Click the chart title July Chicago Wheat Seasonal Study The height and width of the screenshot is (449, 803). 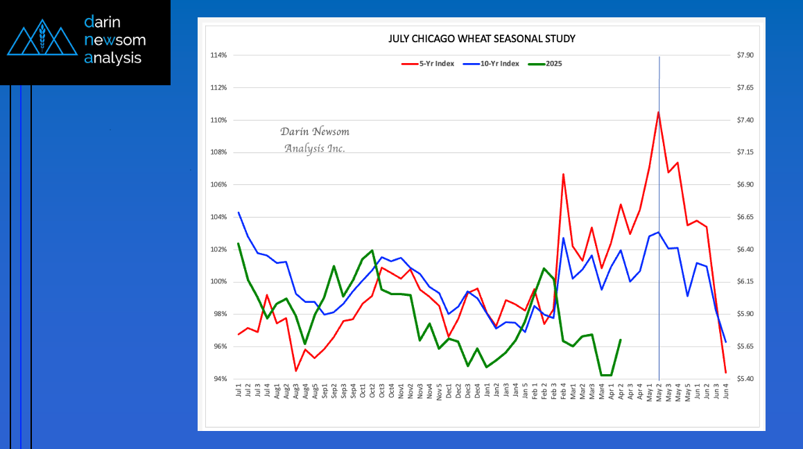(481, 39)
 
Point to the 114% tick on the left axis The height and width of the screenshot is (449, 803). (220, 55)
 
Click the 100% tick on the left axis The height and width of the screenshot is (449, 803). (220, 282)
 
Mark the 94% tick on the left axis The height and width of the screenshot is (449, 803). (221, 379)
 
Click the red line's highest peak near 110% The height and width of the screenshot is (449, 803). (658, 112)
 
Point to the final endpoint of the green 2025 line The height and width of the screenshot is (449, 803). (620, 340)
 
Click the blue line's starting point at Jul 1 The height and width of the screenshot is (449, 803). (239, 213)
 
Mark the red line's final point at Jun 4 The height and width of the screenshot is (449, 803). (725, 373)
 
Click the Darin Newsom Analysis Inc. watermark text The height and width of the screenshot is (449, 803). (315, 140)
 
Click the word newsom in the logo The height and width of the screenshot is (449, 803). (114, 40)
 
